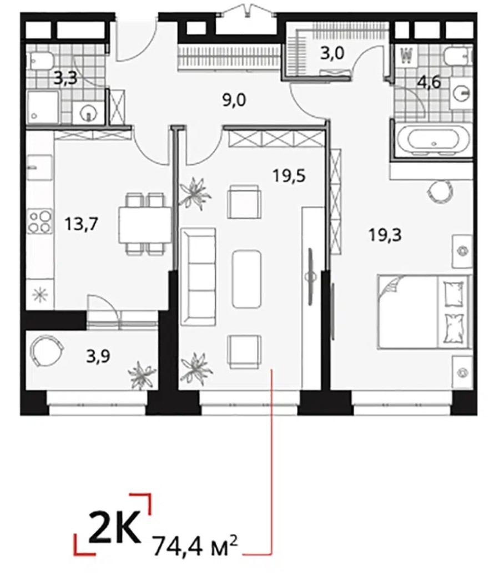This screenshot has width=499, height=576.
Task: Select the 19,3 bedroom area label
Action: click(385, 235)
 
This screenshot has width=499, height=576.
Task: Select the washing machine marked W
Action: click(406, 56)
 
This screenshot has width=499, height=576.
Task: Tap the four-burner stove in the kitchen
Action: click(40, 221)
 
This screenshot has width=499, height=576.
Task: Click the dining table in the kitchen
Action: click(144, 224)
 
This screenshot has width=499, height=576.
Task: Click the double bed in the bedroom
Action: click(422, 311)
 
